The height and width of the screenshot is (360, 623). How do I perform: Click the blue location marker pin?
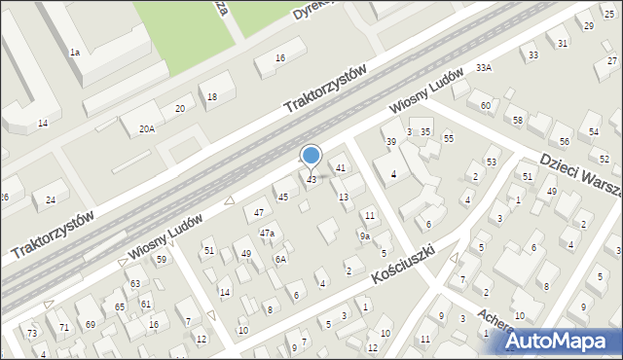311,157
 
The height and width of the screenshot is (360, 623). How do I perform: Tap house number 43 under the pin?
311,180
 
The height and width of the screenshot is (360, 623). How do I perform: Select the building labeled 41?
341,168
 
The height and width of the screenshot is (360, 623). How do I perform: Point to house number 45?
283,198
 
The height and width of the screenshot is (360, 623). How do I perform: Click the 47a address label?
267,234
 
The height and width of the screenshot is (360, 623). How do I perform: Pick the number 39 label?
391,142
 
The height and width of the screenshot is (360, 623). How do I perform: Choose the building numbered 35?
425,131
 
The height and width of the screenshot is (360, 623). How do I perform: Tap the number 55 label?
448,139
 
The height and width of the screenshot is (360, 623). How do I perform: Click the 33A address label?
484,68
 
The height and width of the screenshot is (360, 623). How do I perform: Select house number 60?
485,105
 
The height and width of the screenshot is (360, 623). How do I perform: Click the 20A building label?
146,128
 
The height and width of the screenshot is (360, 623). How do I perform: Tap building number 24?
49,199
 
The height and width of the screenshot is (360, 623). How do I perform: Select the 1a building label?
74,52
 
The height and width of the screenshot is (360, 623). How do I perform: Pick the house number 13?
344,198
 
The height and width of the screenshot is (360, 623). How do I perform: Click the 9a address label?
364,236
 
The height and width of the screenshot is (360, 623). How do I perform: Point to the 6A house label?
280,259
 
